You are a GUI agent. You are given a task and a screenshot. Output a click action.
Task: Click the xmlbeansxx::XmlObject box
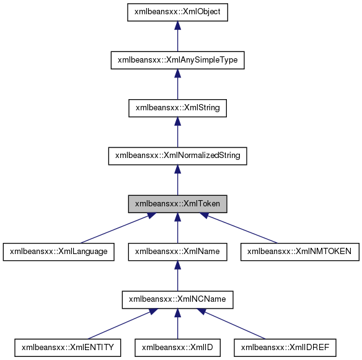click(177, 12)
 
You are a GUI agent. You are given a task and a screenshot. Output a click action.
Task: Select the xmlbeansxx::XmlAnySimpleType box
click(177, 60)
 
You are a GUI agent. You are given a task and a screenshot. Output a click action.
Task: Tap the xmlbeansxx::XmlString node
click(177, 108)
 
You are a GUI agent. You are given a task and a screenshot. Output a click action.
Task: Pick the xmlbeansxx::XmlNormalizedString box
click(177, 156)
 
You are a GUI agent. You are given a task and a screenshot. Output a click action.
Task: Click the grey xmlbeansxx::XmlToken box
click(177, 203)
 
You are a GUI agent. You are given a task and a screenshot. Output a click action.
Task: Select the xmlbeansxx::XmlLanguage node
click(59, 251)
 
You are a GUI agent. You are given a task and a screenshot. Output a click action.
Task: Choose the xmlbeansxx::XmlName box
click(177, 251)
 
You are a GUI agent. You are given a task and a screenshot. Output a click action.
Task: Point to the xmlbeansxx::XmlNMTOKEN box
click(299, 251)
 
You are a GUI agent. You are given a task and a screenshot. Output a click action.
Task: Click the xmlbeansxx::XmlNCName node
click(177, 299)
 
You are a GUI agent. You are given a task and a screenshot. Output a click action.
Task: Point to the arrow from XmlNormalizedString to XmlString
click(177, 133)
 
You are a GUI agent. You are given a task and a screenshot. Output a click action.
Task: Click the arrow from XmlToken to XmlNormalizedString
click(177, 180)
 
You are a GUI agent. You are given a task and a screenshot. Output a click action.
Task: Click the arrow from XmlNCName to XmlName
click(177, 276)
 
